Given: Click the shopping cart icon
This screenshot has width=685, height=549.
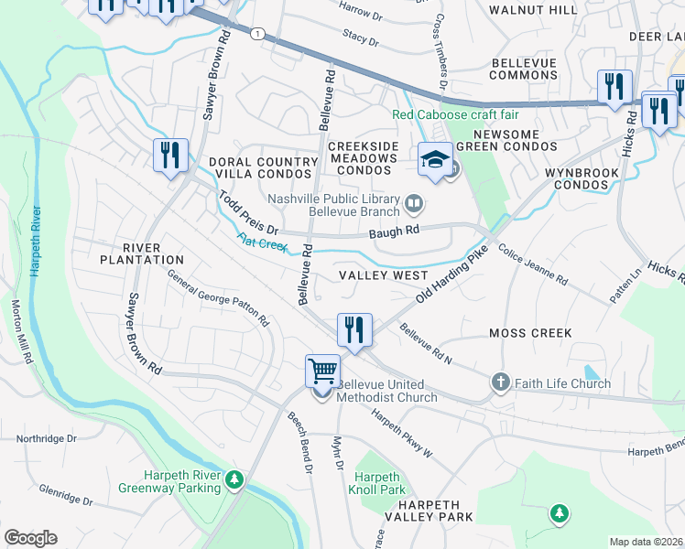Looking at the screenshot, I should tap(322, 371).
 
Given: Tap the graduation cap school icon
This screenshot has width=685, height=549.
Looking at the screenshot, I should tap(434, 160).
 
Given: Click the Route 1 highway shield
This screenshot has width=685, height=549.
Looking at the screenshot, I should tap(259, 34).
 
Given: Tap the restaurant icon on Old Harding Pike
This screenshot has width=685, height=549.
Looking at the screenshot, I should tap(353, 328).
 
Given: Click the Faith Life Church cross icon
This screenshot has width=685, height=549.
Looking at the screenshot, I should tap(500, 382).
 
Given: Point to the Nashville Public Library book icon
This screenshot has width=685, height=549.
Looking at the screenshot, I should tap(413, 200).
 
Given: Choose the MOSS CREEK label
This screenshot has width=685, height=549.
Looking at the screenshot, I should tap(530, 333).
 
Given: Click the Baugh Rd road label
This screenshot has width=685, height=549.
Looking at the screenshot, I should tap(394, 231).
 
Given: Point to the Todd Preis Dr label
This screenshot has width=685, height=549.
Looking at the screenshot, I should tap(246, 212).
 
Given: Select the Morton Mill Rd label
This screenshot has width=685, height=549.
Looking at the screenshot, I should tap(22, 332).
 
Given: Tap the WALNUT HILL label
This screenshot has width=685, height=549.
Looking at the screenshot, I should tap(533, 9).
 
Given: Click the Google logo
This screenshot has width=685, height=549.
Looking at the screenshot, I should tap(30, 538).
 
